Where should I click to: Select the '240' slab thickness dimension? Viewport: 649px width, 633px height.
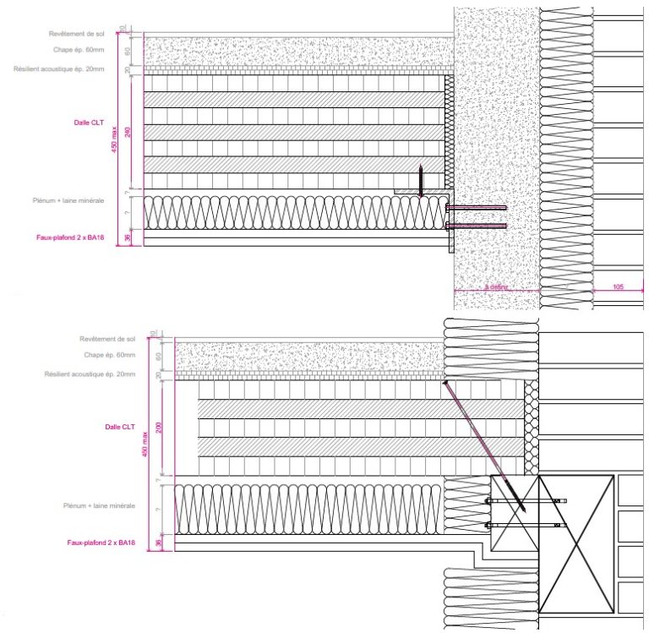[x=128, y=132]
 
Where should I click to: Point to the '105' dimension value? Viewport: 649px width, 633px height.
[x=618, y=288]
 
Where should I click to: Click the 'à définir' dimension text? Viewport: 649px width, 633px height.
[x=497, y=288]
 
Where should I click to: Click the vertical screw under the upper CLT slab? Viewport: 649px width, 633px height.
[x=421, y=179]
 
